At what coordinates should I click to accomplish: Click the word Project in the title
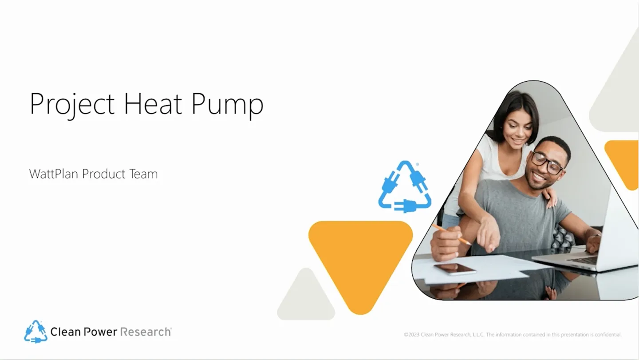[x=72, y=104]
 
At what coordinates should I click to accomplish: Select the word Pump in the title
[x=227, y=104]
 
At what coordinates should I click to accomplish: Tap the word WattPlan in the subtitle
[x=53, y=174]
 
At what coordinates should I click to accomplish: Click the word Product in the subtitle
[x=103, y=174]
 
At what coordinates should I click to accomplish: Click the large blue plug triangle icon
[x=405, y=187]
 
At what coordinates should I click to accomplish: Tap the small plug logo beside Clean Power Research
[x=35, y=332]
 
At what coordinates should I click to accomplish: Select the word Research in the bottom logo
[x=146, y=332]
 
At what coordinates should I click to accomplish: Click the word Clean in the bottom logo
[x=63, y=332]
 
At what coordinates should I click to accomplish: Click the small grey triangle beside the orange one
[x=306, y=297]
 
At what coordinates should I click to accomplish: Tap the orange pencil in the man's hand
[x=451, y=234]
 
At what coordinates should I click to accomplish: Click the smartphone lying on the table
[x=455, y=269]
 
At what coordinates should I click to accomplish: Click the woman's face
[x=519, y=132]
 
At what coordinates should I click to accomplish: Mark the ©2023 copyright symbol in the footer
[x=406, y=335]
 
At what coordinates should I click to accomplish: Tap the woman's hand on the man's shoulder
[x=550, y=198]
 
